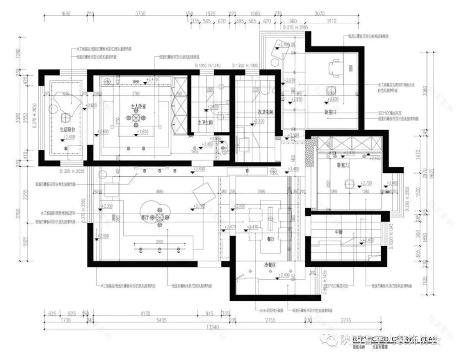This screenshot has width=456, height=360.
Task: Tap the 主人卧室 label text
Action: tap(138, 106)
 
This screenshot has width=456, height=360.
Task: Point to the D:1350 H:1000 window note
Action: tap(247, 66)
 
